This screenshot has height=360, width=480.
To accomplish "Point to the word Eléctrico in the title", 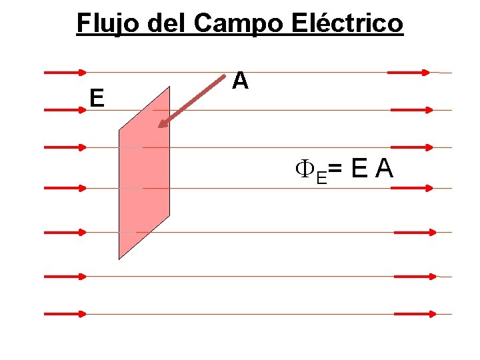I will pyautogui.click(x=347, y=23).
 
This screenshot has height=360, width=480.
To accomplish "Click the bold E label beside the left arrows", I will pyautogui.click(x=97, y=99).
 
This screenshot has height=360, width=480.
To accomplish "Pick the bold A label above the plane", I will pyautogui.click(x=241, y=81).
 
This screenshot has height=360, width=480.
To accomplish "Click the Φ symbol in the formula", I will pyautogui.click(x=305, y=171).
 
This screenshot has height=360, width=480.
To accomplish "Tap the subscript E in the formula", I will pyautogui.click(x=321, y=177).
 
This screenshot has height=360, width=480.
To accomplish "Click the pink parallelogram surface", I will pyautogui.click(x=144, y=173).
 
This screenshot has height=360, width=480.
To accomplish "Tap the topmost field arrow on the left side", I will pyautogui.click(x=65, y=72).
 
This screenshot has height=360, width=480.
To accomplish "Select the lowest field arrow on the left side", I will pyautogui.click(x=65, y=313).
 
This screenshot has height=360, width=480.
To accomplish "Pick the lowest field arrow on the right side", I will pyautogui.click(x=415, y=313).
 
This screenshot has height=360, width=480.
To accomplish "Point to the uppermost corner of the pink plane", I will pyautogui.click(x=169, y=87).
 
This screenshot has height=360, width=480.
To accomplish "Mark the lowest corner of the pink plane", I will pyautogui.click(x=119, y=259).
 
